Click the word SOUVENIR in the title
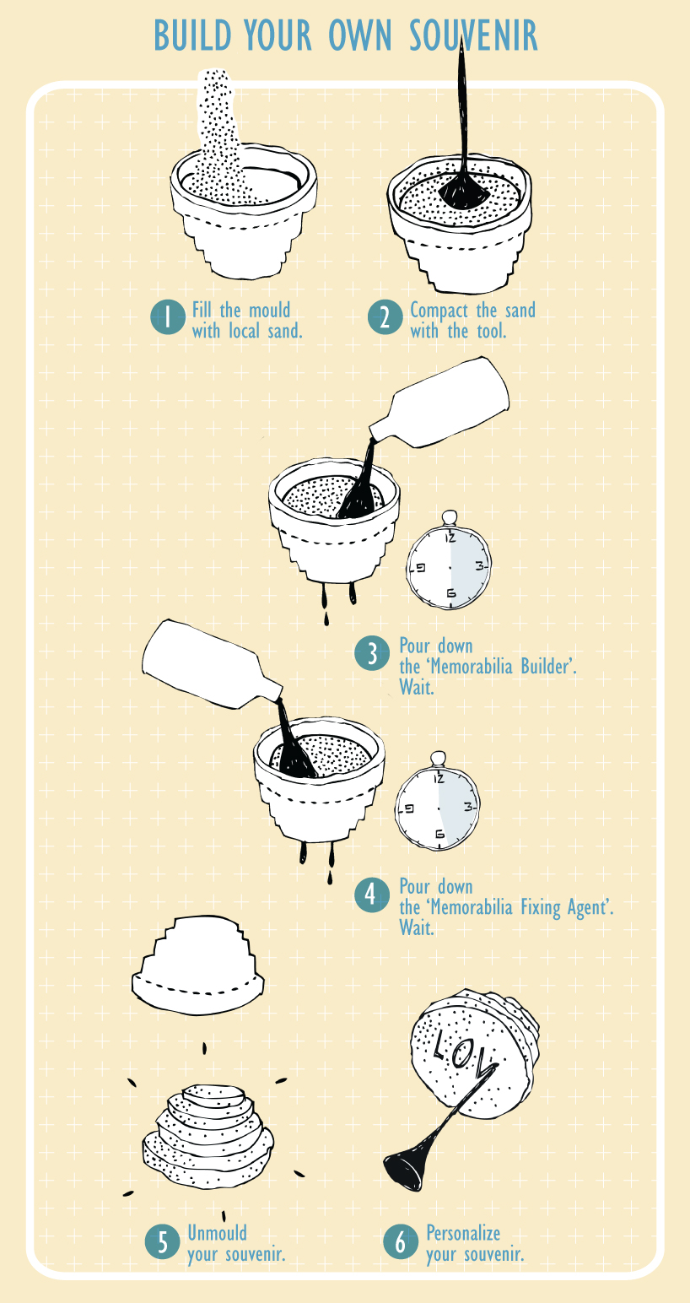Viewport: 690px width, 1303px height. click(x=473, y=36)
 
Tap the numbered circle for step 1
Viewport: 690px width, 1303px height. click(x=168, y=317)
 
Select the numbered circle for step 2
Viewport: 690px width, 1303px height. click(x=385, y=317)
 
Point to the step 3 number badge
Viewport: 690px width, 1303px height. click(x=372, y=654)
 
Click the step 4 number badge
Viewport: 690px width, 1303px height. click(x=372, y=895)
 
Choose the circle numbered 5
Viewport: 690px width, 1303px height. click(x=162, y=1242)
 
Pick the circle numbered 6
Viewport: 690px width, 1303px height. click(x=401, y=1242)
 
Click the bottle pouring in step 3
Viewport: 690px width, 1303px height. click(x=439, y=404)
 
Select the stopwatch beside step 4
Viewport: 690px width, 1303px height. click(x=438, y=803)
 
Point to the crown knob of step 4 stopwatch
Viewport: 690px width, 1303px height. click(x=439, y=759)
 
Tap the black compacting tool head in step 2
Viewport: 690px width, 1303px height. click(x=463, y=192)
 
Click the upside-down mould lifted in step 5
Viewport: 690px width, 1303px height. click(x=197, y=965)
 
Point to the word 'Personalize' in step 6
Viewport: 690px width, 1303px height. click(x=463, y=1233)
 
